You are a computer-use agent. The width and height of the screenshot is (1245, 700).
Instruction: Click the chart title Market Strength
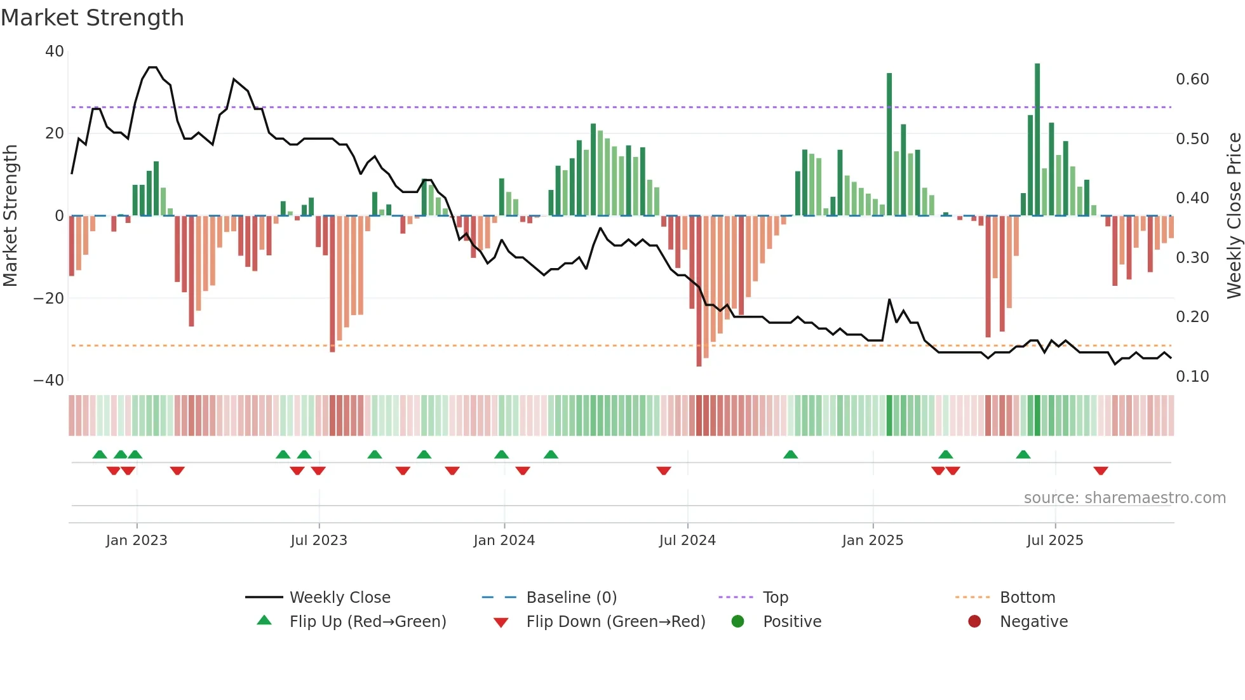coord(92,18)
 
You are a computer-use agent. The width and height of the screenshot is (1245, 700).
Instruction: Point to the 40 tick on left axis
coord(55,51)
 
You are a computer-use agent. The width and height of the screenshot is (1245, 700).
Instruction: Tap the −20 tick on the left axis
coord(49,298)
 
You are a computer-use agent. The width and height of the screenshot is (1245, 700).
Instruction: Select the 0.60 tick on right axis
coord(1192,79)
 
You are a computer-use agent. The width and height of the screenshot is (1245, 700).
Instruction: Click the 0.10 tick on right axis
coord(1192,377)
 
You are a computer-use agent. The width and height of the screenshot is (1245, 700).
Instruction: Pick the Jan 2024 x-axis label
coord(504,541)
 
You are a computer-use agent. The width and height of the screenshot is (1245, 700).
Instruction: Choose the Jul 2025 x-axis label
coord(1054,541)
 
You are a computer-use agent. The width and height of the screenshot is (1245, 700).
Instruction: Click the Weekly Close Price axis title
coord(1234,215)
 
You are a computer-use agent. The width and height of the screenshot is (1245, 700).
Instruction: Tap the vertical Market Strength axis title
coord(11,215)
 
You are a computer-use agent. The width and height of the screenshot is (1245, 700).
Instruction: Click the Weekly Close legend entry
coord(340,598)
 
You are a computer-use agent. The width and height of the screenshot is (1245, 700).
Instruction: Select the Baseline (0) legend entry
coord(571,598)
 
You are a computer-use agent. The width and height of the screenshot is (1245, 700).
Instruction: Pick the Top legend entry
coord(775,598)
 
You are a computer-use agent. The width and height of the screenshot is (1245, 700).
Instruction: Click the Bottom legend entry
coord(1027,598)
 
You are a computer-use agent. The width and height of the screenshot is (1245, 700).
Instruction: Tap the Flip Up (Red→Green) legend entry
coord(367,622)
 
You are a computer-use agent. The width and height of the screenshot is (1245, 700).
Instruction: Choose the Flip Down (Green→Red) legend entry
coord(615,622)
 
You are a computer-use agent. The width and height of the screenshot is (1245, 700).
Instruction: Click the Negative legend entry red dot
coord(974,621)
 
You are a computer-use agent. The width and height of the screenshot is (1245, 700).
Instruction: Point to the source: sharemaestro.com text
coord(1124,498)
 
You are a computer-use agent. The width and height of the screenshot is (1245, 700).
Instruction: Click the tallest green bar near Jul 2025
coord(1037,140)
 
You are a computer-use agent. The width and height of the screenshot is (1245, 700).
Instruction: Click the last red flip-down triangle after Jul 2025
coord(1101,471)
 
